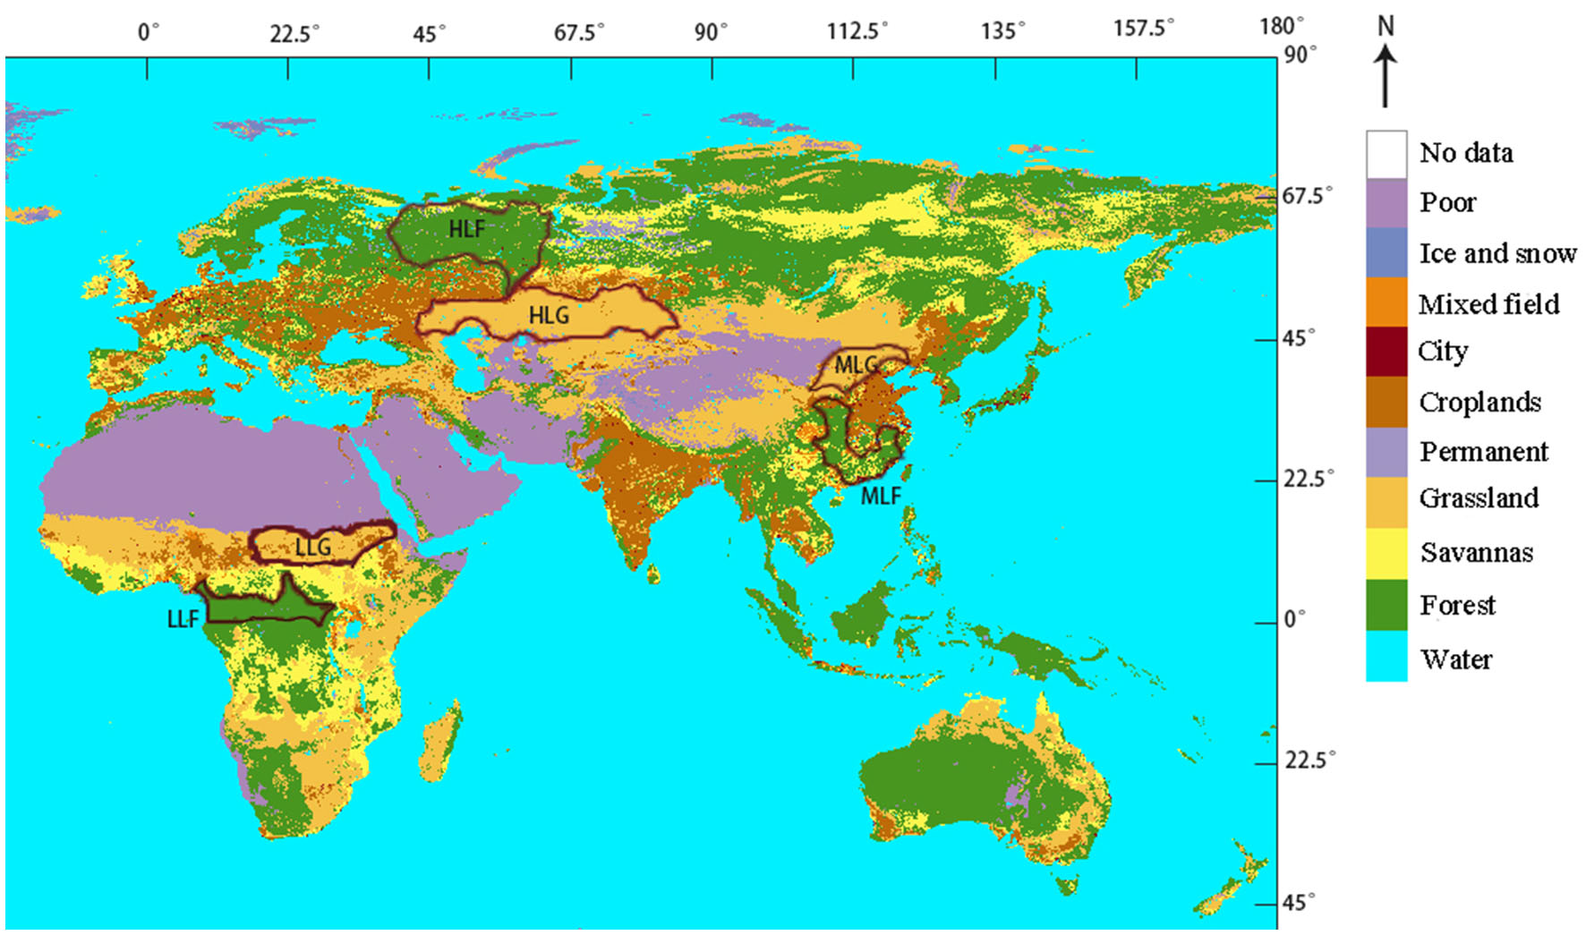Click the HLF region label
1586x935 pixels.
(x=466, y=229)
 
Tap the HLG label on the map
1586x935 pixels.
(x=548, y=315)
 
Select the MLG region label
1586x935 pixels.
(x=856, y=364)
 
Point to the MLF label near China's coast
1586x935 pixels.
(x=880, y=496)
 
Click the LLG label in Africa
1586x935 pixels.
(x=312, y=547)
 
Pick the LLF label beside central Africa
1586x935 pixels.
(x=183, y=618)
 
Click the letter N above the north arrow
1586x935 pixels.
(x=1386, y=27)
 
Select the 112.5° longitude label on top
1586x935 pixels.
(x=857, y=31)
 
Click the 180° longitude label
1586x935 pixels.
(x=1282, y=26)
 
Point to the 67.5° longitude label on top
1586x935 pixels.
(x=578, y=33)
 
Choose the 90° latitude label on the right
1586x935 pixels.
(x=1300, y=55)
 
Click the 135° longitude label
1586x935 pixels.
(x=1002, y=31)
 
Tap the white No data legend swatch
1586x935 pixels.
(x=1386, y=154)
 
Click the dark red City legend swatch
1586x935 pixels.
(x=1386, y=352)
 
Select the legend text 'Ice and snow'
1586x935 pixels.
(x=1497, y=253)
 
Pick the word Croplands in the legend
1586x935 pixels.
(x=1479, y=402)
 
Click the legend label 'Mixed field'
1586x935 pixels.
(x=1488, y=304)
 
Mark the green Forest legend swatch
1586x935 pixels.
(x=1386, y=605)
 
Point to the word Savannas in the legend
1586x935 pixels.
(x=1476, y=552)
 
